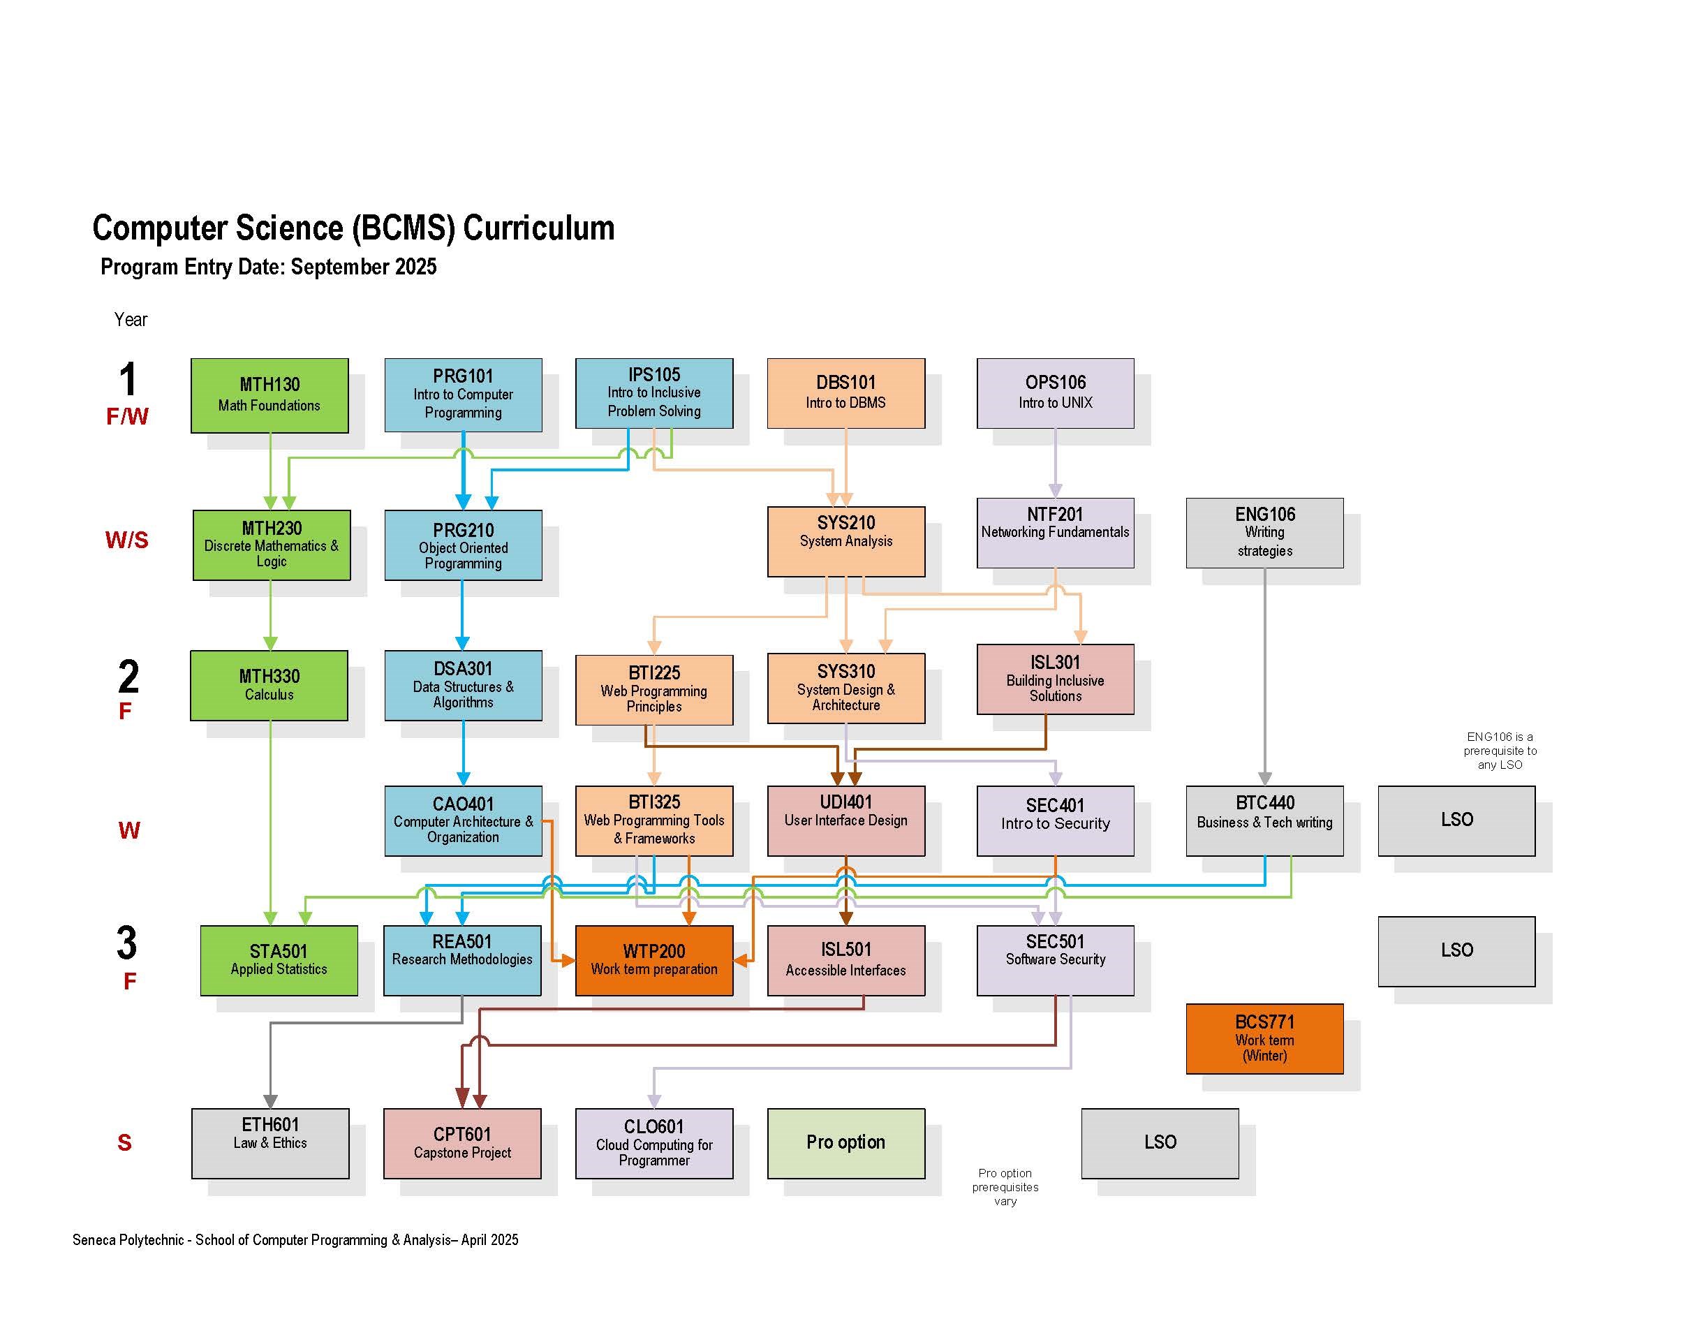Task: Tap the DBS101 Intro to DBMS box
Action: coord(845,392)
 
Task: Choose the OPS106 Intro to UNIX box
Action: coord(1055,392)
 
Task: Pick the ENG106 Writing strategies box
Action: coord(1264,533)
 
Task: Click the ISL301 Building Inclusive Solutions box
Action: coord(1055,679)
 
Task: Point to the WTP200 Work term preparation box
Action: coord(654,960)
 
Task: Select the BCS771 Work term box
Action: coord(1264,1038)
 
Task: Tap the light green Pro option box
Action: coord(845,1142)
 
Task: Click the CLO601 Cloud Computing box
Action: coord(654,1142)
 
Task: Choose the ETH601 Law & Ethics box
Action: coord(270,1142)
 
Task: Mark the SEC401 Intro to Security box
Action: coord(1055,820)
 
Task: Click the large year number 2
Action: coord(128,677)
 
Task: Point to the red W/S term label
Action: coord(126,540)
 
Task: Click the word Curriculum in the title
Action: coord(538,228)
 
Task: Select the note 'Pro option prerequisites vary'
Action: coord(1005,1187)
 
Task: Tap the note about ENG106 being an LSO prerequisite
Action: coord(1500,751)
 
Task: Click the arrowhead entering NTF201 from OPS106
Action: coord(1055,491)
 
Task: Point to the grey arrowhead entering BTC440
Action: coord(1264,779)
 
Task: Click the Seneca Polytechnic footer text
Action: coord(295,1240)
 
